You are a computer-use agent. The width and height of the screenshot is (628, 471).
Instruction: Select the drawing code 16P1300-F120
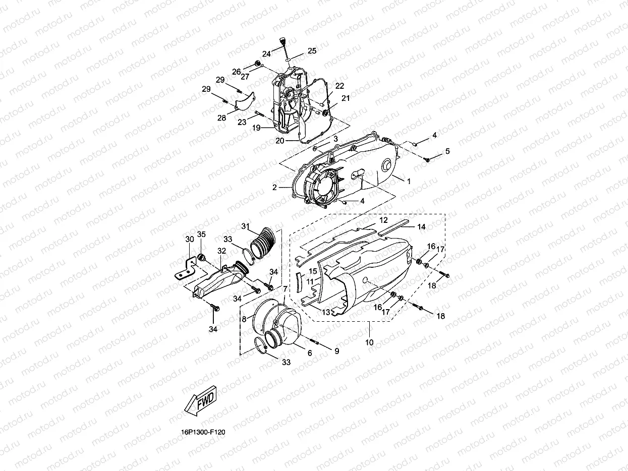pos(204,432)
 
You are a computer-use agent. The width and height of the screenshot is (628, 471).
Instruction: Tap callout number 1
pos(409,180)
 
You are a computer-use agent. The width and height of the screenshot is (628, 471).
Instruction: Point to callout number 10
pos(369,342)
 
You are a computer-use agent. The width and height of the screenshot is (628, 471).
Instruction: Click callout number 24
pos(266,53)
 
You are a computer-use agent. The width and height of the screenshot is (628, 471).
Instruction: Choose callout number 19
pos(256,128)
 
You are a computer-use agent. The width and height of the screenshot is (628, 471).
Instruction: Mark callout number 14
pos(421,227)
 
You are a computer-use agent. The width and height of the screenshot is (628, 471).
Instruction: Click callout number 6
pos(310,353)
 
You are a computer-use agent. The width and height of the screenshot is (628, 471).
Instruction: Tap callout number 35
pos(201,234)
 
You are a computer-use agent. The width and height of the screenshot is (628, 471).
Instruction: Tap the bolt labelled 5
pos(426,159)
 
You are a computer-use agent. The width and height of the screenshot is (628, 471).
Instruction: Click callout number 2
pos(274,187)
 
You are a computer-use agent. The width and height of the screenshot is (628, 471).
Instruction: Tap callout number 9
pos(336,349)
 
